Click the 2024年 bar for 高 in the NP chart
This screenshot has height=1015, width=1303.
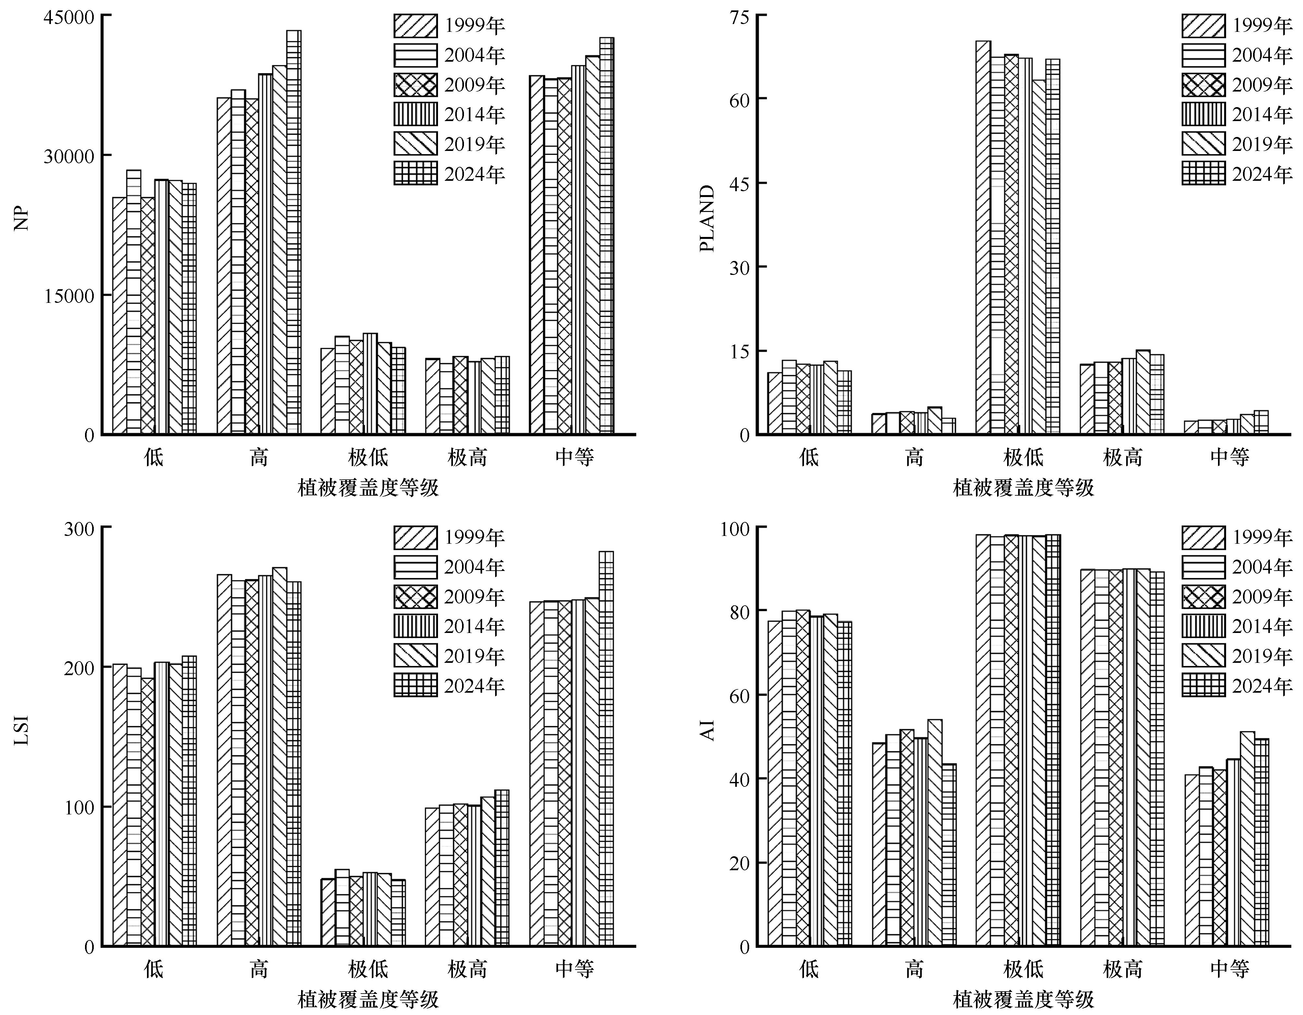point(294,233)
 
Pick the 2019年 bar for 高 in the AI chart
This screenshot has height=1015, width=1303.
point(935,832)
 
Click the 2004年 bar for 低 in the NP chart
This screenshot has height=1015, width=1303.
point(134,301)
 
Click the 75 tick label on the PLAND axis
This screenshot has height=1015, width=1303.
point(738,17)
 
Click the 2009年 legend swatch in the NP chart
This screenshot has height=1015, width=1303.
point(415,85)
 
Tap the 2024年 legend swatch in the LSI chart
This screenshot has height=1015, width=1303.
point(415,685)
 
